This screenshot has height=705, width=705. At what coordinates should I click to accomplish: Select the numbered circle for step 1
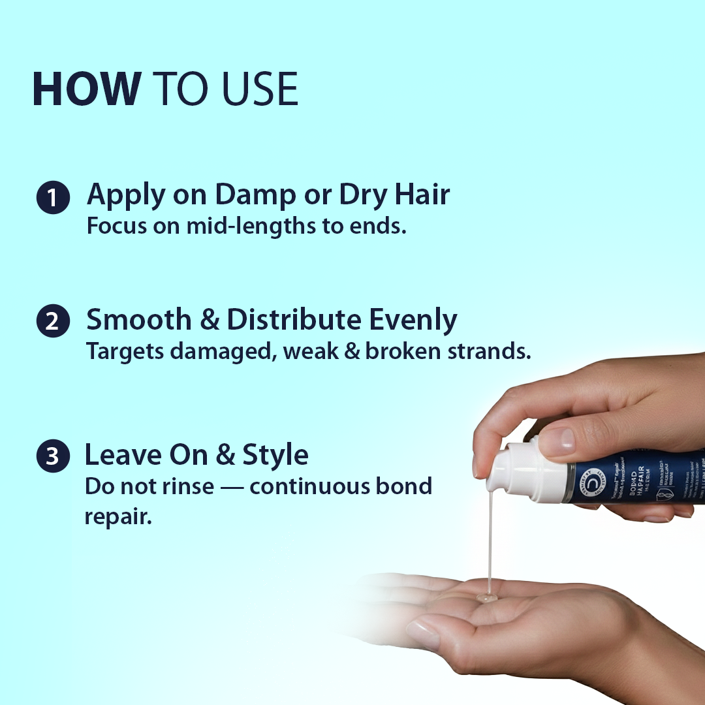[53, 197]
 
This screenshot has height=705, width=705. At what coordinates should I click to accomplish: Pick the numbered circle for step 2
[53, 322]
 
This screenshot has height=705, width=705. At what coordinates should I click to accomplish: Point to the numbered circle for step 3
[53, 458]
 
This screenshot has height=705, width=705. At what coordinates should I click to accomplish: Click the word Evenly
[413, 321]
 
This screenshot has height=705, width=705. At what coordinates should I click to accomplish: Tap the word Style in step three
[275, 455]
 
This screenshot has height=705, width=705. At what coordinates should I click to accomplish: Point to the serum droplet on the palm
[486, 597]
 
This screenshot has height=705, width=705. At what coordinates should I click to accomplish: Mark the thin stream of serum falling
[489, 548]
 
